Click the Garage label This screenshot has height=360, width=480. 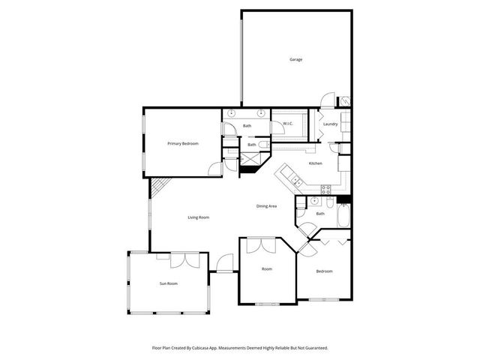(296, 59)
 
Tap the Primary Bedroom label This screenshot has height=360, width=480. (182, 143)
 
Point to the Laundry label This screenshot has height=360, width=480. (331, 124)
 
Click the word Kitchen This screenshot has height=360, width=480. (316, 163)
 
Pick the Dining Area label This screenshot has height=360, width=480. (267, 205)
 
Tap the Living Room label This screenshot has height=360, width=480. (199, 217)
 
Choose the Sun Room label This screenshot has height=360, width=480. (168, 283)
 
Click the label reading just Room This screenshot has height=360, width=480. (266, 268)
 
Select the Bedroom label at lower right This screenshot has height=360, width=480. (324, 271)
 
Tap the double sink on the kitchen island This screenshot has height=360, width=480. (297, 181)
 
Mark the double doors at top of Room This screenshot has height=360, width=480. (259, 245)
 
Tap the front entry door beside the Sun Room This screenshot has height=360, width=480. (223, 264)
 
